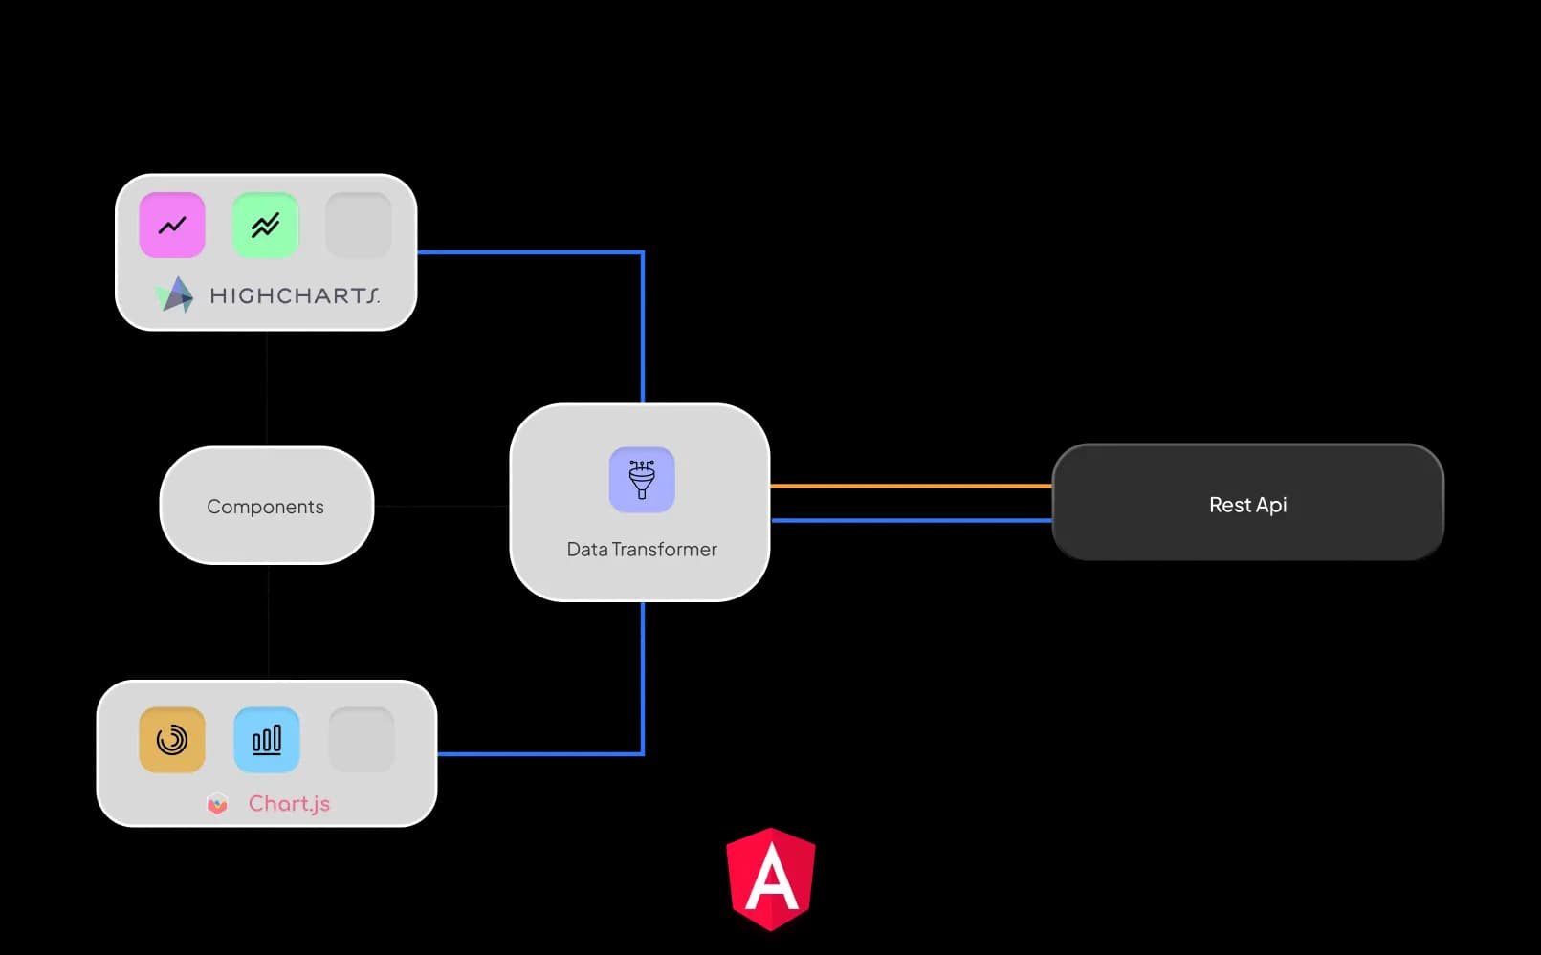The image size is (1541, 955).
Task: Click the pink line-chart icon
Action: (x=172, y=226)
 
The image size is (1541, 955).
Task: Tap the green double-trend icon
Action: (x=265, y=226)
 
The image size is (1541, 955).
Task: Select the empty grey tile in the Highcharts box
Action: (x=359, y=226)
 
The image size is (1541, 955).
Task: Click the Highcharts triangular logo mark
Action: (x=175, y=295)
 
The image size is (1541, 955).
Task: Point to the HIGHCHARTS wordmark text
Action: (x=295, y=296)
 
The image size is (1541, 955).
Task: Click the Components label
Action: (x=265, y=507)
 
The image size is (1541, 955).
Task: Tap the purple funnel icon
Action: (x=642, y=480)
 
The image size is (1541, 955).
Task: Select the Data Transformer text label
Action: (x=642, y=550)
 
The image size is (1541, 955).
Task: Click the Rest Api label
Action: (x=1247, y=505)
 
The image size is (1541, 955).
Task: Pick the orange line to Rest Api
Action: (x=909, y=486)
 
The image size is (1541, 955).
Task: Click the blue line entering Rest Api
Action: (x=909, y=520)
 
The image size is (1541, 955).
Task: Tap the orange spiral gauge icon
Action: (x=172, y=740)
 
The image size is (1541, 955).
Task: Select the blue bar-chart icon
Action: (x=267, y=740)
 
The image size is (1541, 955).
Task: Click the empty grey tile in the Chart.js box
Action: (x=362, y=740)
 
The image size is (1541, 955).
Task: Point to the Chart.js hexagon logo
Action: (x=218, y=804)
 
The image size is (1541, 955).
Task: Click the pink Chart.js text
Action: (x=289, y=804)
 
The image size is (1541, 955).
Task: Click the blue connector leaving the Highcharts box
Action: (x=531, y=252)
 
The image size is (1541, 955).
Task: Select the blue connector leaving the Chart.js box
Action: (x=540, y=754)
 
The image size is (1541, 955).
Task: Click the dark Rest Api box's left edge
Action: (x=1054, y=502)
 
